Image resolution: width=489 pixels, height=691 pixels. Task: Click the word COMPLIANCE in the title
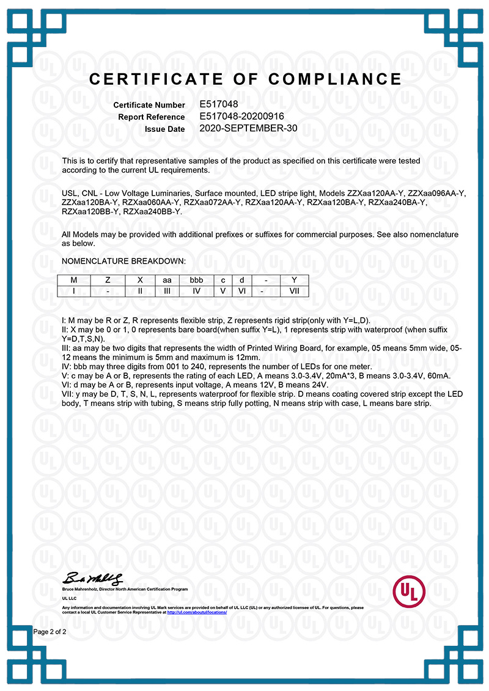click(335, 79)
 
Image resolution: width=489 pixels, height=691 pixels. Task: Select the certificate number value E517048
click(219, 104)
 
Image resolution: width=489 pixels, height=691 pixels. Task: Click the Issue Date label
click(164, 129)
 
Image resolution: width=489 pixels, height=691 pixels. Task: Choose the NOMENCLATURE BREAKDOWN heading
click(123, 261)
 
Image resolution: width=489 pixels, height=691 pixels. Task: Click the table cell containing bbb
click(196, 280)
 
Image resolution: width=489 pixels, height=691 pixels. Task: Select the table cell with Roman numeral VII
click(294, 291)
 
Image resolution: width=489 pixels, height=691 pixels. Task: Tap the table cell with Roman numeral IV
click(196, 291)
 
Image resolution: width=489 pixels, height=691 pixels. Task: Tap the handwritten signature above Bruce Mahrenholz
click(92, 577)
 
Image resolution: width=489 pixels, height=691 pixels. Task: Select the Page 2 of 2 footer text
click(50, 632)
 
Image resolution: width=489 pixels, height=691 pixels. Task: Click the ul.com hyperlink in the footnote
click(196, 612)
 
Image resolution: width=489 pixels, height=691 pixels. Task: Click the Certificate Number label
click(149, 105)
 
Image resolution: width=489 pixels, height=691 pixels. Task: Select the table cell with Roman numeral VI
click(241, 291)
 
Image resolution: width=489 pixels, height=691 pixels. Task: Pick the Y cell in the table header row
click(294, 280)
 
